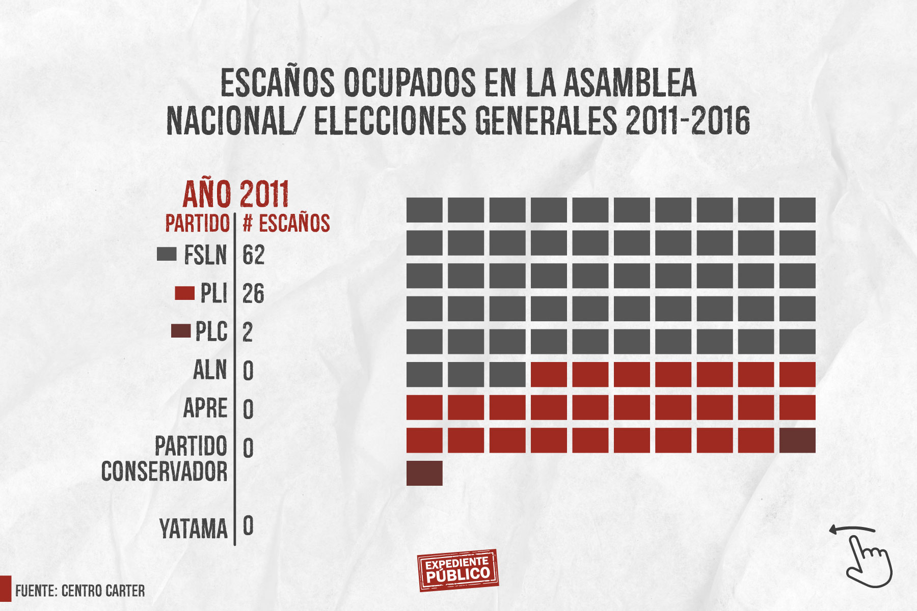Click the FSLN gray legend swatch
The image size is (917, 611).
coord(167,254)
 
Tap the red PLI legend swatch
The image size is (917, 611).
coord(184,293)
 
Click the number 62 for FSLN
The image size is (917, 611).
coord(253,255)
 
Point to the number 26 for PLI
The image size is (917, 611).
coord(253,294)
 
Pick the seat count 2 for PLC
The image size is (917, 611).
coord(248,332)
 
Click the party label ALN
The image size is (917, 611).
coord(210,370)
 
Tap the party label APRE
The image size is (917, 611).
coord(205,409)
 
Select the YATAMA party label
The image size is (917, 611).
coord(194,529)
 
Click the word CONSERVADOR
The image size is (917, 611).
coord(165,471)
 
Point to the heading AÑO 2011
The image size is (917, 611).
coord(235,194)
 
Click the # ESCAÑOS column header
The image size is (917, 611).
coord(286,224)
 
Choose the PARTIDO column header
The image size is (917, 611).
coord(198,224)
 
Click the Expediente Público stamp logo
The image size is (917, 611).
coord(457,570)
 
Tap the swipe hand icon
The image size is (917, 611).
coord(866,558)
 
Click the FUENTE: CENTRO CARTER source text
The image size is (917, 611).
coord(80,591)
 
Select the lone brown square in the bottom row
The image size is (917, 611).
coord(424,473)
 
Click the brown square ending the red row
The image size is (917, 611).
coord(797,440)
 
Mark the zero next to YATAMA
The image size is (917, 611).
coord(248,526)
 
